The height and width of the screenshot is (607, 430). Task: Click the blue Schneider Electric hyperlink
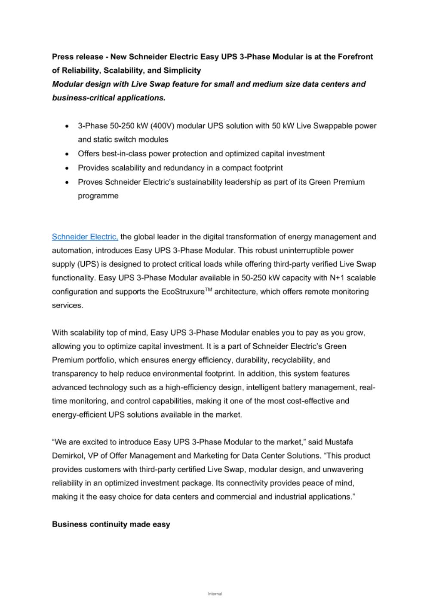pyautogui.click(x=85, y=237)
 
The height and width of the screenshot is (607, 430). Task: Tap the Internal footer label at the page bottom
pyautogui.click(x=215, y=594)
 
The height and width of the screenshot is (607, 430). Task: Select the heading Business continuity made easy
pyautogui.click(x=111, y=524)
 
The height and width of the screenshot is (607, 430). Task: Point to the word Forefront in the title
pyautogui.click(x=355, y=57)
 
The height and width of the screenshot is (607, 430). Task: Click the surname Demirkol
pyautogui.click(x=68, y=456)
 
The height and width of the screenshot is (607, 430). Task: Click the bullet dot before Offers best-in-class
pyautogui.click(x=67, y=154)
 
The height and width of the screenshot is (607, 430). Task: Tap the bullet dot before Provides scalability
pyautogui.click(x=67, y=168)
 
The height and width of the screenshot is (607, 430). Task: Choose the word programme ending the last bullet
pyautogui.click(x=98, y=196)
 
